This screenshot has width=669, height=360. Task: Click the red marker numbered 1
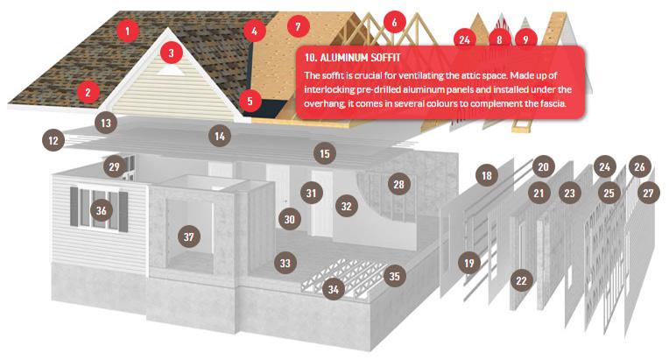pos(127,31)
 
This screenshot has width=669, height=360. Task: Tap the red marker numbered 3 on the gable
pos(171,53)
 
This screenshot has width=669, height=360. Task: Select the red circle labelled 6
pos(394,22)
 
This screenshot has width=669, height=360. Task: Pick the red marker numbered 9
pos(525,39)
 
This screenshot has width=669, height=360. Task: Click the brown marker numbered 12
pos(53,140)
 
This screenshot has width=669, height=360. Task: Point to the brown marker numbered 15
pos(325,153)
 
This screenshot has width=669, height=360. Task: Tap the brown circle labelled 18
pos(487,175)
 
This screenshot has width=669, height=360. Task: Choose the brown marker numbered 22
pos(521,280)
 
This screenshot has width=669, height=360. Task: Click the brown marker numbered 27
pos(648,194)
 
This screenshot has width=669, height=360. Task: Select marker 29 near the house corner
pos(115,166)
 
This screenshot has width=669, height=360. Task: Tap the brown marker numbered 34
pos(334,290)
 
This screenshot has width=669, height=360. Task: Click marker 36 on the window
pos(101,210)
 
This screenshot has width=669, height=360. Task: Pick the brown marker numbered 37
pos(188,236)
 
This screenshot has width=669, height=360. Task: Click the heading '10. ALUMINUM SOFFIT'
pos(352,58)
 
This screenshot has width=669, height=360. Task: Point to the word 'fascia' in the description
pos(553,103)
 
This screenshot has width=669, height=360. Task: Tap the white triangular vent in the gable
pos(171,70)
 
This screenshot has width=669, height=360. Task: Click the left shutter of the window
pos(74,207)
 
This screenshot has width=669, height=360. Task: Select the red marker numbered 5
pos(250,101)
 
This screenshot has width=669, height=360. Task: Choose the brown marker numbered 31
pos(311,193)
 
